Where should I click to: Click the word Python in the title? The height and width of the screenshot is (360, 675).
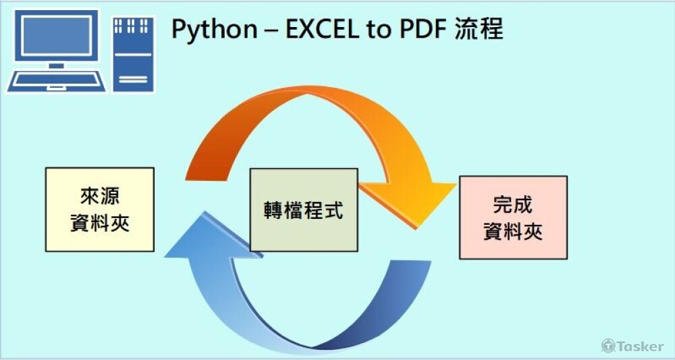point(213,30)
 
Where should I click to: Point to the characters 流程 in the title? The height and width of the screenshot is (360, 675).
point(480,30)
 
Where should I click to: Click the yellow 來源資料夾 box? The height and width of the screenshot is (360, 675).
point(99,209)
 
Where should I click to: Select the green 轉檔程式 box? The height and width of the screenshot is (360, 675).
point(304,210)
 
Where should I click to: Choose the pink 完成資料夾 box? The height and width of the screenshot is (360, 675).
point(513,217)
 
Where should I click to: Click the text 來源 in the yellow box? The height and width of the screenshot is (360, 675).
point(99,197)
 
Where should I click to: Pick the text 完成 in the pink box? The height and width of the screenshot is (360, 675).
point(513,205)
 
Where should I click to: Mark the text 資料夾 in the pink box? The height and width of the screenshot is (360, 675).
point(513,232)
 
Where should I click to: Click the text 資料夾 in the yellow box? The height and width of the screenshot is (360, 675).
point(99,223)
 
